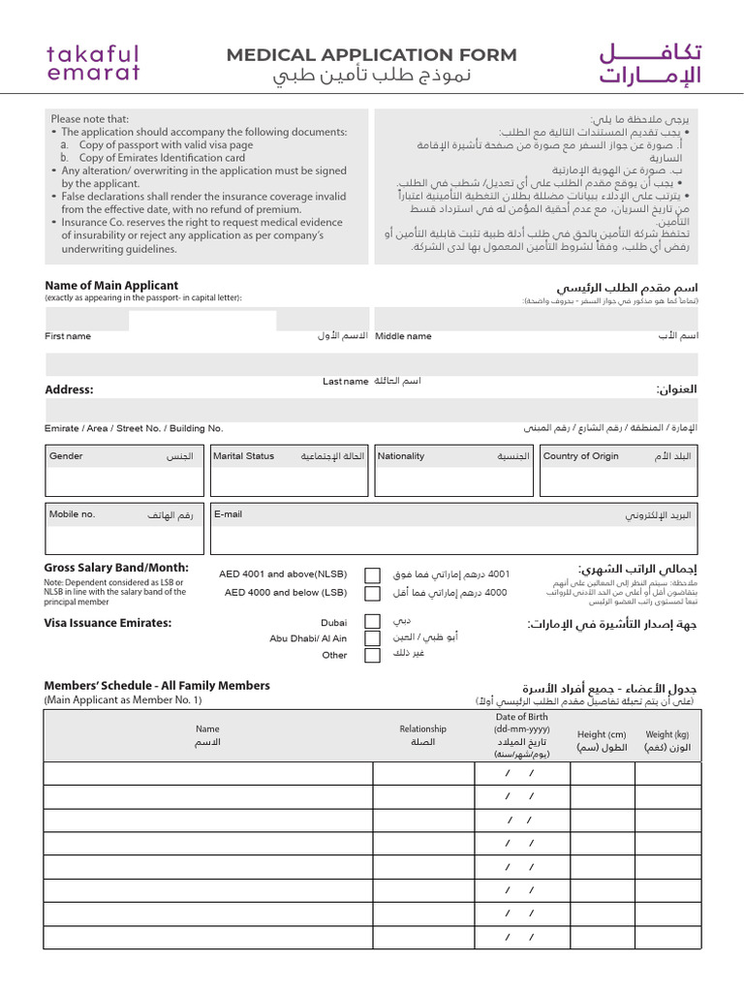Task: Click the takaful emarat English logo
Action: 93,63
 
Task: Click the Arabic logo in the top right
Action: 649,63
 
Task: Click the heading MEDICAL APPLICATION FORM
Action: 372,55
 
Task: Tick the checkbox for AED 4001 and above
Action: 372,574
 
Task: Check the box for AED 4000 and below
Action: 372,593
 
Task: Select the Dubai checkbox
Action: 372,622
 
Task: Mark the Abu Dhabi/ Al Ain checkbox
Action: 372,638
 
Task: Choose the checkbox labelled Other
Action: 372,656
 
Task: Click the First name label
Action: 68,336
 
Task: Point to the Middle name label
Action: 403,336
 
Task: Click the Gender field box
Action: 125,470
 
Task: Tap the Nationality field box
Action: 453,470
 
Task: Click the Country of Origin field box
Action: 619,470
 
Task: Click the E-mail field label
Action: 229,514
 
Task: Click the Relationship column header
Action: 423,735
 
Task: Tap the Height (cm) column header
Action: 602,741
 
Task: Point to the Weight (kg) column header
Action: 667,741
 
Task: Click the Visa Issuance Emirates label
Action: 108,623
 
